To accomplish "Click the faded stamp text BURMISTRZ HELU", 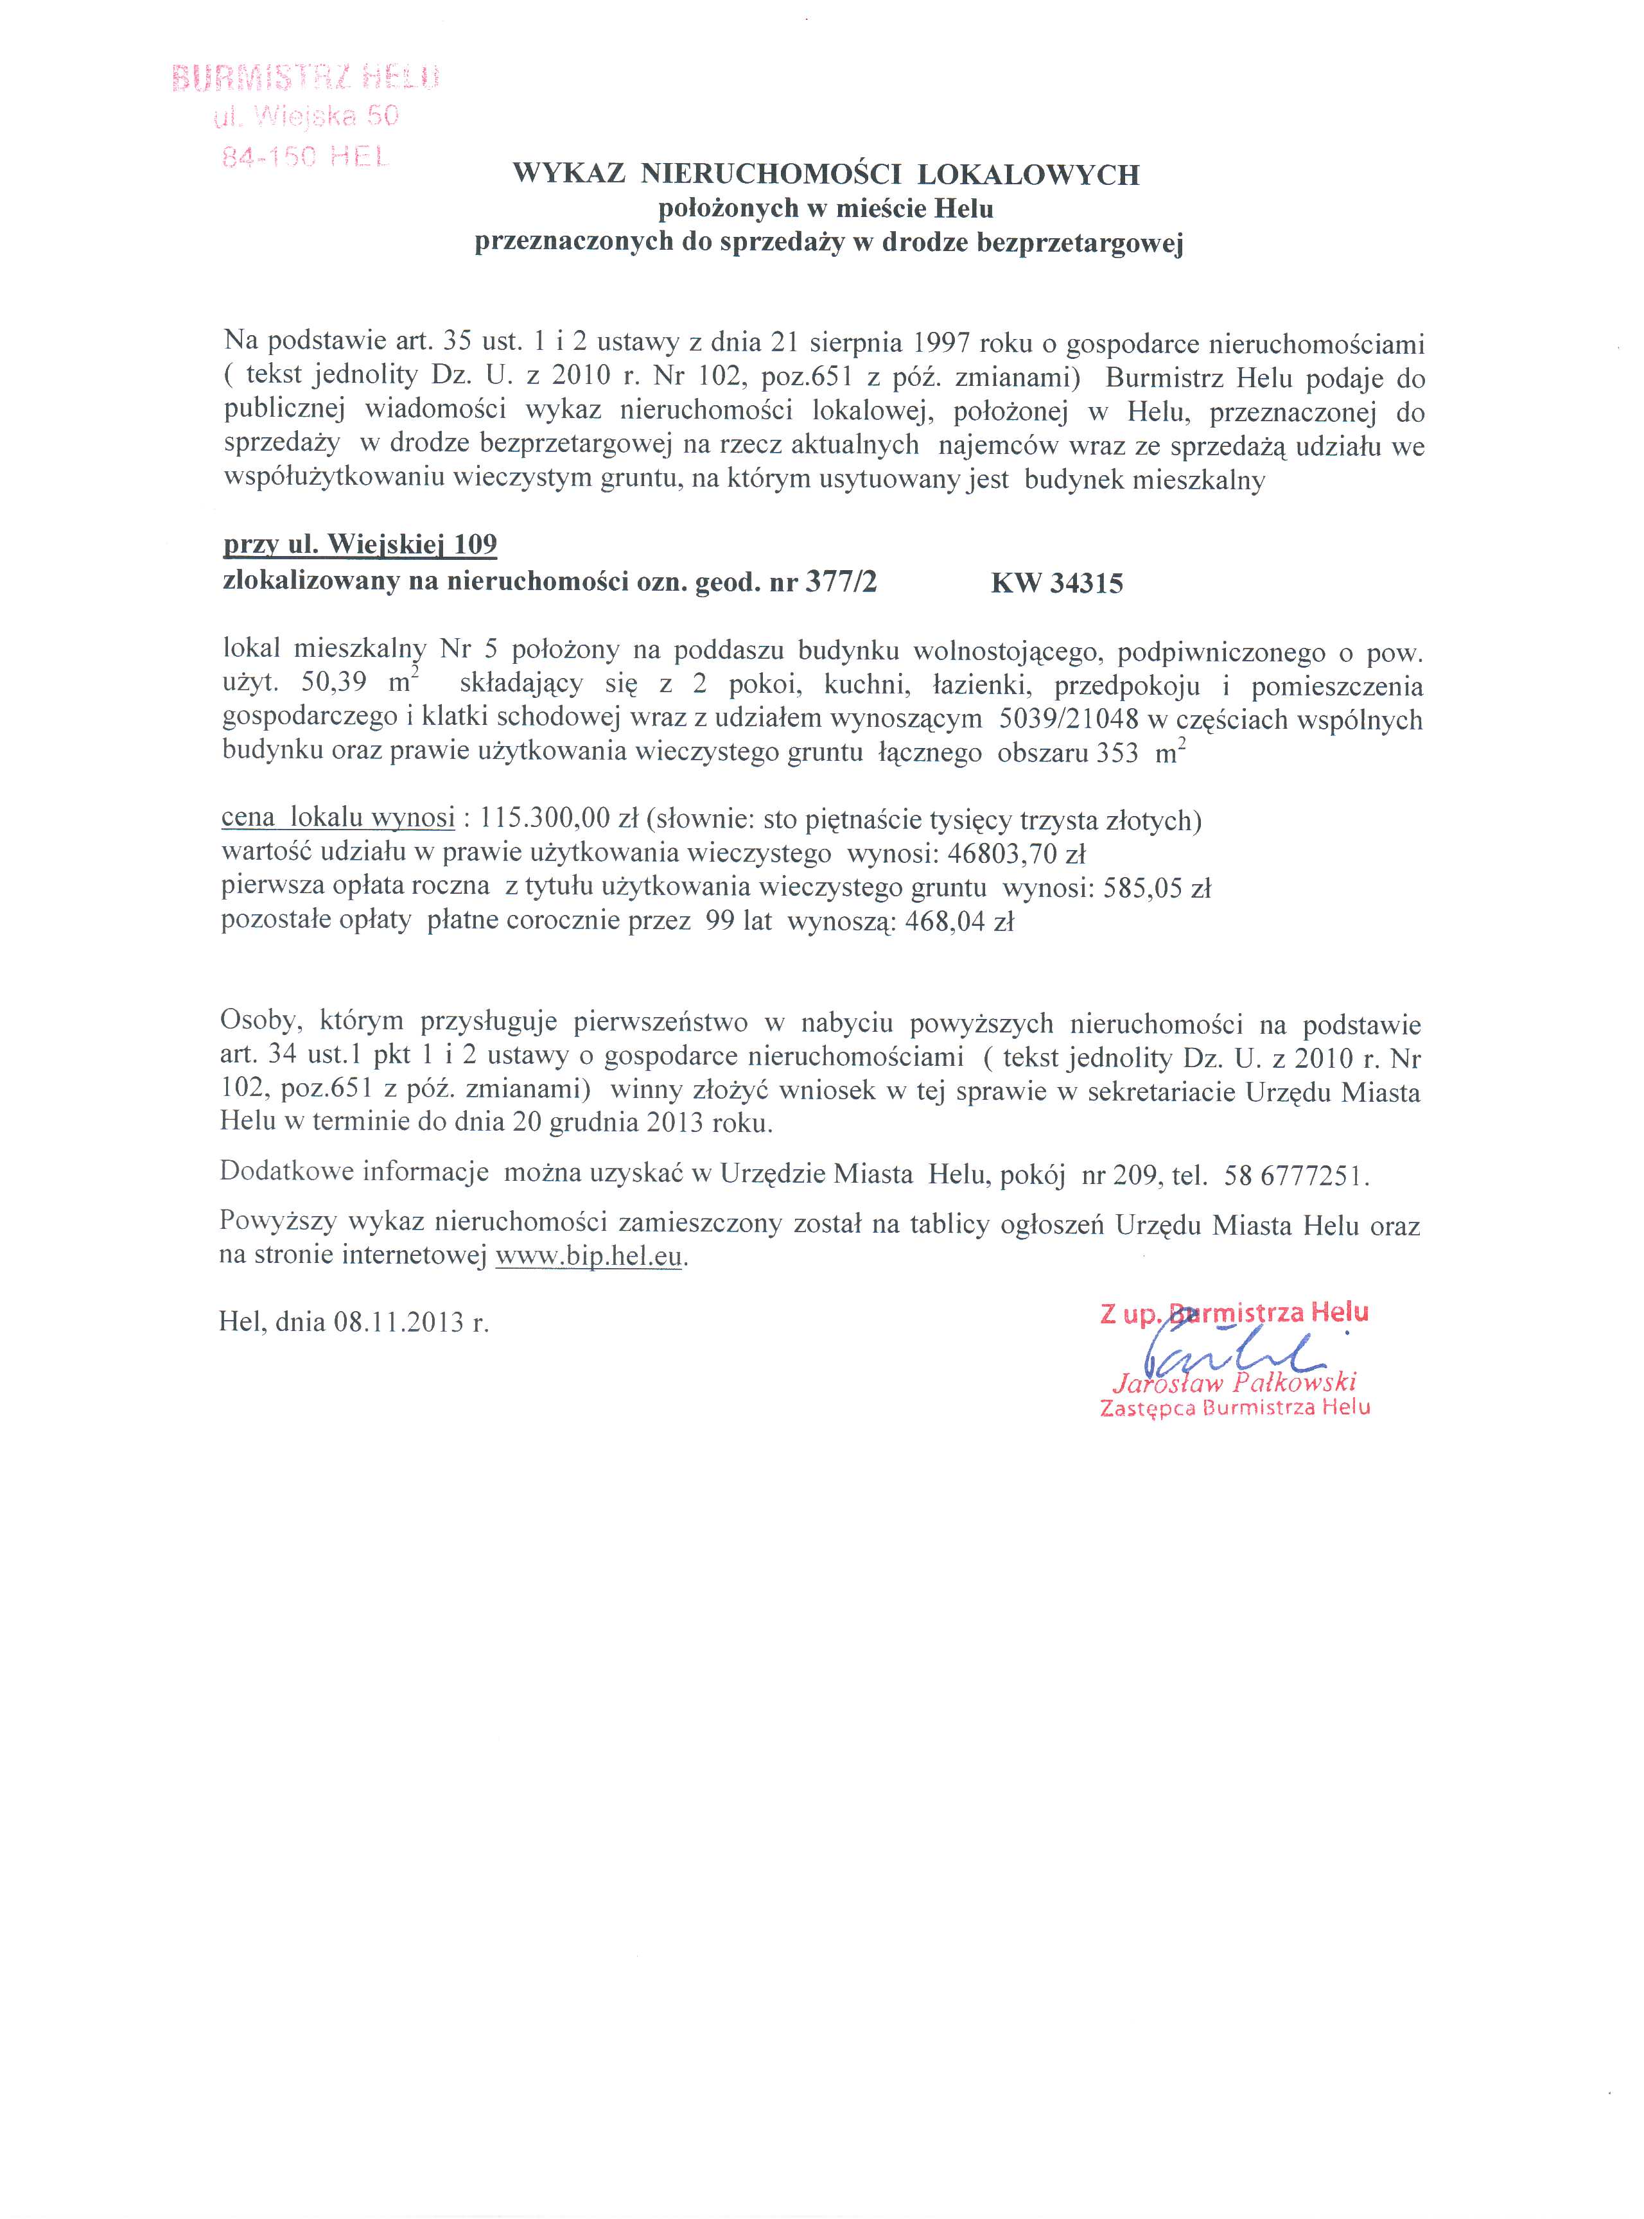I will (306, 78).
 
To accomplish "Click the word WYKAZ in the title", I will (569, 175).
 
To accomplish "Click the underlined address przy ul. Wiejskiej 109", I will (359, 544).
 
